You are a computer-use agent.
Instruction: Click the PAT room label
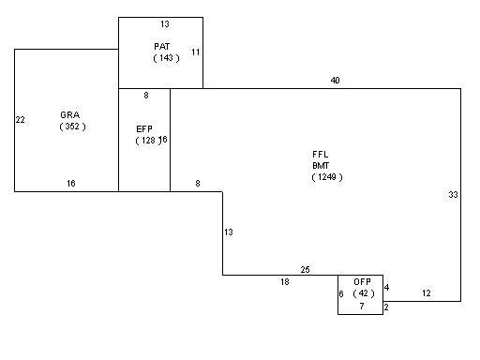click(162, 47)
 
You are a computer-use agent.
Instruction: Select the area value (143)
click(166, 58)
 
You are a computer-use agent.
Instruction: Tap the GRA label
click(70, 115)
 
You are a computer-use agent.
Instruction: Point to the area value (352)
click(72, 127)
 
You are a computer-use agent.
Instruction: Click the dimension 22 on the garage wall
click(21, 120)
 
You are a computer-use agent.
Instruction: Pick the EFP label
click(144, 128)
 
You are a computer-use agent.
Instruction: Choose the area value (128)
click(148, 141)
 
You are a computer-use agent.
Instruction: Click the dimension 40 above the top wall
click(335, 81)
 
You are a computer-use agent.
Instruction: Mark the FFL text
click(321, 155)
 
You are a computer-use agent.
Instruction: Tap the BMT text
click(321, 166)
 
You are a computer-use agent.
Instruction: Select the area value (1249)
click(327, 177)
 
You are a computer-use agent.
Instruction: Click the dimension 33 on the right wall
click(453, 195)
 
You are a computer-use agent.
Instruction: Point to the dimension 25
click(306, 270)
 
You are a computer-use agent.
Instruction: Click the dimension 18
click(285, 282)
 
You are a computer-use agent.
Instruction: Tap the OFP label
click(362, 282)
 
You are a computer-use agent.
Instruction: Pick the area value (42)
click(364, 293)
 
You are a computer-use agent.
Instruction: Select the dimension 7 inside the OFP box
click(362, 307)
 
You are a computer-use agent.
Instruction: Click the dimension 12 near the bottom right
click(427, 293)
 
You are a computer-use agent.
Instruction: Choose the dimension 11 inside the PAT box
click(196, 52)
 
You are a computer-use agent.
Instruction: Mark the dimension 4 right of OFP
click(386, 288)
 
